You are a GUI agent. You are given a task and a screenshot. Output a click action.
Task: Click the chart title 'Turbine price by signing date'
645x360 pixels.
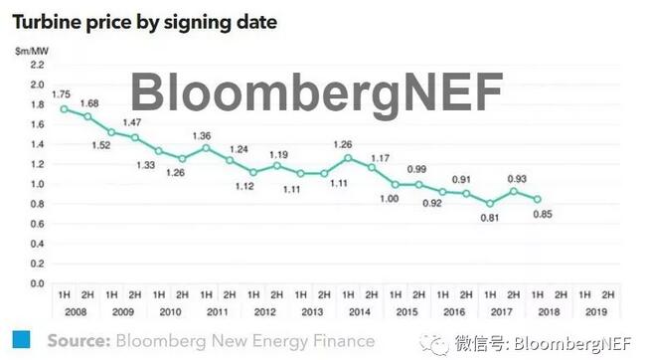tap(145, 19)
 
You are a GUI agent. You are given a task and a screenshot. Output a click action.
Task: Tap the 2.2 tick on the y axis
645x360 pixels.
tap(37, 65)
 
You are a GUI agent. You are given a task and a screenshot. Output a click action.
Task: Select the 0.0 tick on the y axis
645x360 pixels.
tap(37, 283)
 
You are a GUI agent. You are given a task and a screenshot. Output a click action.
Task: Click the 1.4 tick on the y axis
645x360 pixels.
tap(37, 144)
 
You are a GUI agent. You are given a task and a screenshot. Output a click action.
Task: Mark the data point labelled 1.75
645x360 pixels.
tap(64, 109)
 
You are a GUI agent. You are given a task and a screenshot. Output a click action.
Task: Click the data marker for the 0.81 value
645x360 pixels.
tap(490, 203)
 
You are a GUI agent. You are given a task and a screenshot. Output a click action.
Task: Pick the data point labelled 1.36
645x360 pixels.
tap(206, 148)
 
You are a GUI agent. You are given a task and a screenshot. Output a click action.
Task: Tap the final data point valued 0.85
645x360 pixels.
tap(538, 199)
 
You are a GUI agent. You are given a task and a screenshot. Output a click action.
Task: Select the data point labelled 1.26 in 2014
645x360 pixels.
tap(348, 158)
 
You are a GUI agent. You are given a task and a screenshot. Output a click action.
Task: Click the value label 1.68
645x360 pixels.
tap(89, 103)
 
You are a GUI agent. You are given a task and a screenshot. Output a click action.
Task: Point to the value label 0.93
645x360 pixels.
tap(516, 178)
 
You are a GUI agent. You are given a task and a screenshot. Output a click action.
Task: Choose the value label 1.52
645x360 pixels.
tap(101, 145)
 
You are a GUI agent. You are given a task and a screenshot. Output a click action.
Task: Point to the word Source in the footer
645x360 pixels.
tap(78, 340)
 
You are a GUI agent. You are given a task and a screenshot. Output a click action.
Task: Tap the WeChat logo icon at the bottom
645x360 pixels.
tap(433, 342)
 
